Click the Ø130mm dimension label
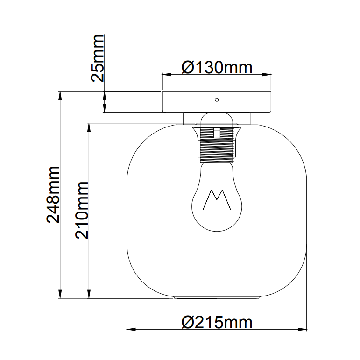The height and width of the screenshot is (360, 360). point(216,68)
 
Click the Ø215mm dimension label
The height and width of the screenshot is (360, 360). point(217,322)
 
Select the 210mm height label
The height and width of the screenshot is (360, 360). point(82,210)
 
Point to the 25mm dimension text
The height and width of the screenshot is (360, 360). point(99,58)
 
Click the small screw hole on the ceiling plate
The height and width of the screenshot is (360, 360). point(216,99)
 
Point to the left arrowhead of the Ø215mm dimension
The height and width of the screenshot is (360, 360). point(131,330)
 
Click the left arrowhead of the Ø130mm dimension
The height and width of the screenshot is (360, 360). point(165,74)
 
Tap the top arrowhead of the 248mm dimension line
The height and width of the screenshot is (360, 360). point(60,95)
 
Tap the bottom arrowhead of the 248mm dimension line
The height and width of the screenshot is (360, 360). point(60,295)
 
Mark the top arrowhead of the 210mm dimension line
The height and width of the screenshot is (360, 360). point(89,127)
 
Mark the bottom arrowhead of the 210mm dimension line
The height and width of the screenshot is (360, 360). point(89,295)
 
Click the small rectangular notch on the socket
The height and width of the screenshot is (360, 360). point(216,133)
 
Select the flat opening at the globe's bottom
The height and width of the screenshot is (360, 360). point(217,297)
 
